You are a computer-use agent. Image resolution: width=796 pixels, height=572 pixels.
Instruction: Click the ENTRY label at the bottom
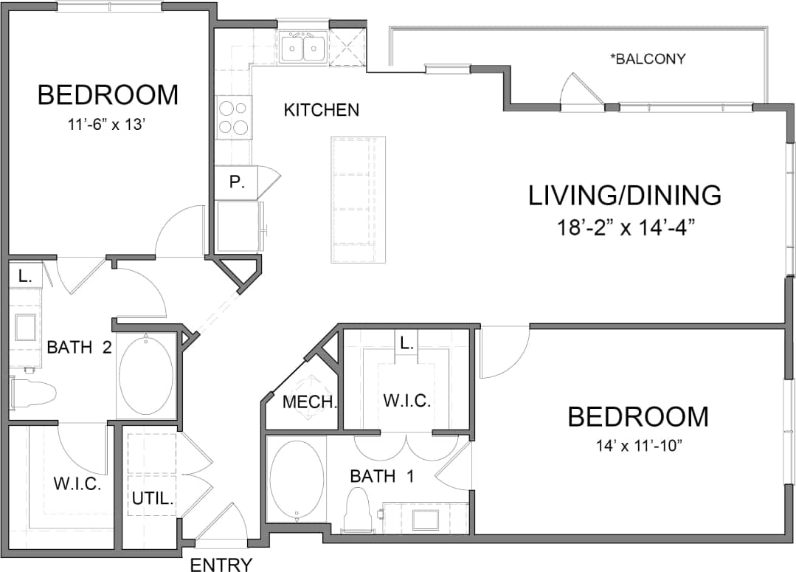click(221, 565)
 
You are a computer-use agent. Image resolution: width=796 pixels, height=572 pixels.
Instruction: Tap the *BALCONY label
click(648, 59)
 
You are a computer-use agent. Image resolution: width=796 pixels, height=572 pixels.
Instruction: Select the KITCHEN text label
click(322, 110)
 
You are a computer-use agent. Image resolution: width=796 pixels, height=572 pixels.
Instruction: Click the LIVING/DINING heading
click(625, 195)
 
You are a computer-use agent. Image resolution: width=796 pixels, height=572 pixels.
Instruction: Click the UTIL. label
click(153, 498)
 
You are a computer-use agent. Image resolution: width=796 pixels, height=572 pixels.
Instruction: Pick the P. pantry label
click(236, 182)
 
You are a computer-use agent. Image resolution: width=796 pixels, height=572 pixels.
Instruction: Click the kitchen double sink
click(303, 49)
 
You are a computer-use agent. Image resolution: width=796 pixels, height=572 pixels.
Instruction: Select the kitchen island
click(359, 199)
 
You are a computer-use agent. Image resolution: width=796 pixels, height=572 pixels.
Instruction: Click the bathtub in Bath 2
click(146, 376)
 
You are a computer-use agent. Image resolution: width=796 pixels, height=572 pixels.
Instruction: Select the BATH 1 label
click(381, 477)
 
